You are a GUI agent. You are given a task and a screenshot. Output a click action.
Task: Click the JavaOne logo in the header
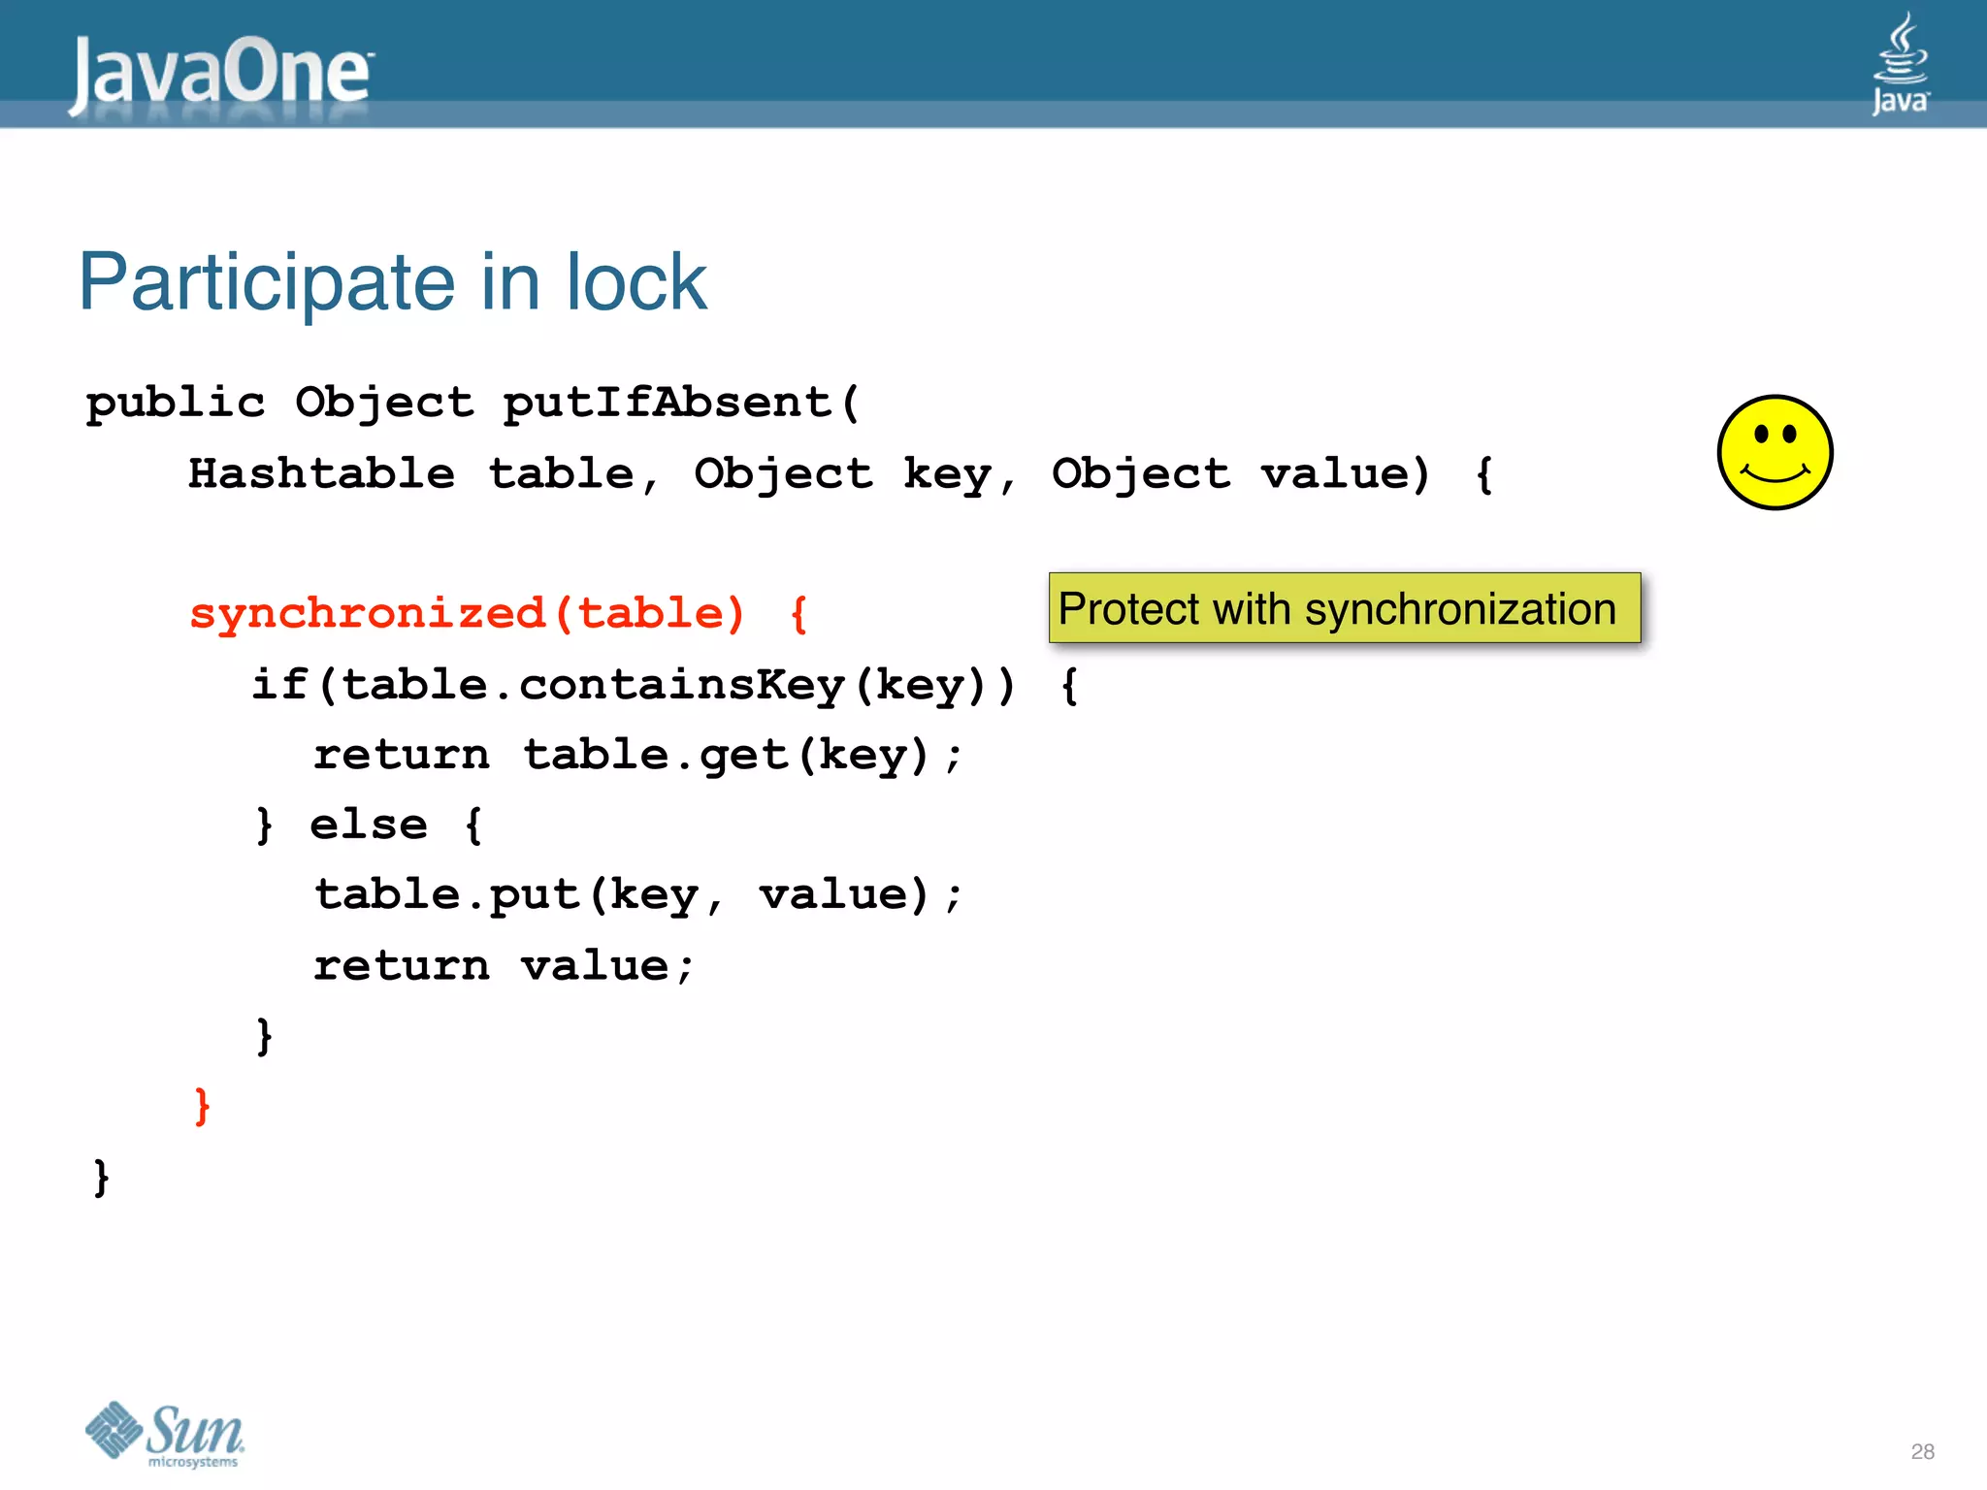pos(220,73)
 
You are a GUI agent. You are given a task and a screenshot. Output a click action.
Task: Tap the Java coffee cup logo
pos(1900,62)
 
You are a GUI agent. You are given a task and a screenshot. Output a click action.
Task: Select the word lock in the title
pos(636,282)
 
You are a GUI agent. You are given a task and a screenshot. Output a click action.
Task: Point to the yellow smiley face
pos(1775,452)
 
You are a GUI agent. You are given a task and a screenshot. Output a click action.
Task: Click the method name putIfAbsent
pos(668,403)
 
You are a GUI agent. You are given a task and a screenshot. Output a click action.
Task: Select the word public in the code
pos(175,403)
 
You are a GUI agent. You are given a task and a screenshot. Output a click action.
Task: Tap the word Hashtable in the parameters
pos(321,474)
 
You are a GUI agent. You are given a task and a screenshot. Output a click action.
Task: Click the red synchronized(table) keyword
pos(467,613)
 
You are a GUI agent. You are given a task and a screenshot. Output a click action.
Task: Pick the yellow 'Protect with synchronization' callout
pos(1344,608)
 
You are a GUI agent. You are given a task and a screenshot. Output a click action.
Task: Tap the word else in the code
pos(369,826)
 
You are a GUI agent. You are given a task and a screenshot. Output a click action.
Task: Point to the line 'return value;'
pos(504,965)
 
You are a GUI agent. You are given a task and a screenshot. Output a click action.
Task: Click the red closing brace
pos(202,1106)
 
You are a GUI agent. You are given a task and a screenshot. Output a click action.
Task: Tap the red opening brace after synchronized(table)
pos(799,614)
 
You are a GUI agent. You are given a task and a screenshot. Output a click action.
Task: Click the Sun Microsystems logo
pos(165,1434)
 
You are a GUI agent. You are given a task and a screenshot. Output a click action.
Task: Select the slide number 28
pos(1922,1451)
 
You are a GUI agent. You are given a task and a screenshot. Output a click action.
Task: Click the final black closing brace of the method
pos(101,1177)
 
